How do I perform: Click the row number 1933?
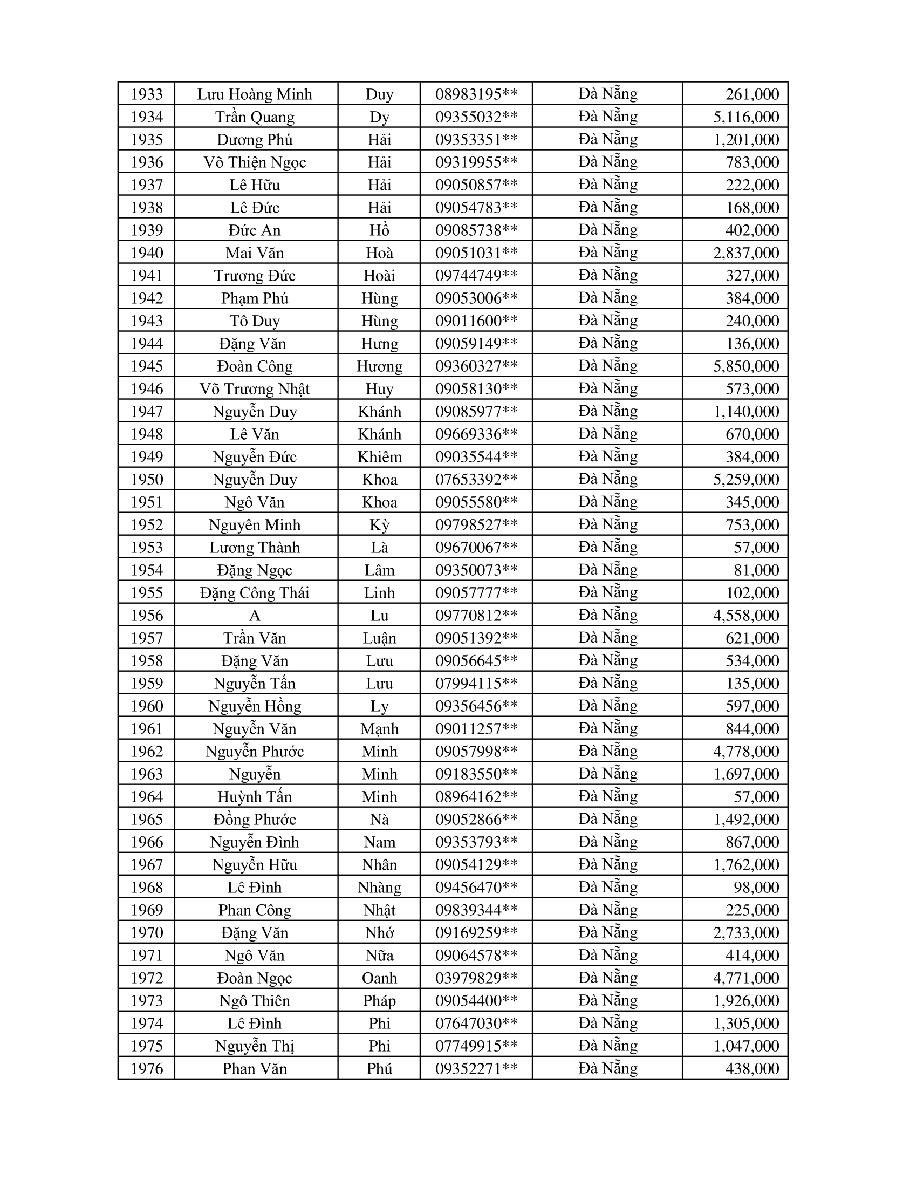click(x=147, y=94)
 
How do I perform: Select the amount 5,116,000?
click(x=746, y=117)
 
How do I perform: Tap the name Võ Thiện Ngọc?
click(x=255, y=162)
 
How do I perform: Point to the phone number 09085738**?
click(x=476, y=230)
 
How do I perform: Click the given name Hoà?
click(x=379, y=253)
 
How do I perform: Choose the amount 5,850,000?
click(x=746, y=366)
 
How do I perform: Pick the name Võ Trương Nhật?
click(x=255, y=388)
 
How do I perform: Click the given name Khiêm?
click(x=379, y=456)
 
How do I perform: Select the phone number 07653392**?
click(x=476, y=479)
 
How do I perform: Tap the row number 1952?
click(x=147, y=524)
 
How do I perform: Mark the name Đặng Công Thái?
click(x=255, y=592)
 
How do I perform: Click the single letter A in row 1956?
click(x=255, y=615)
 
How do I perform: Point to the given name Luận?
click(x=379, y=638)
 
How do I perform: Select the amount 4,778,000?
click(x=746, y=751)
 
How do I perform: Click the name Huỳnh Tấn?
click(x=255, y=797)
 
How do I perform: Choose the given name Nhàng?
click(x=379, y=887)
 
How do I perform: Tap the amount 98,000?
click(x=756, y=887)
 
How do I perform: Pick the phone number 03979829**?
click(x=476, y=978)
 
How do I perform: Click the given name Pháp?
click(x=379, y=1000)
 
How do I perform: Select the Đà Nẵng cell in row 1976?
click(x=607, y=1068)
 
